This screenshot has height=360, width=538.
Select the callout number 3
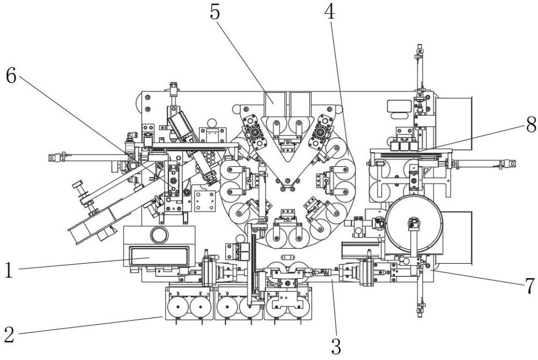[x=336, y=345]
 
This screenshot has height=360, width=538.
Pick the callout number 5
[x=215, y=13]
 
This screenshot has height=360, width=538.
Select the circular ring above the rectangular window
[x=159, y=235]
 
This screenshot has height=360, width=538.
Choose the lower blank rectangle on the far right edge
[x=456, y=237]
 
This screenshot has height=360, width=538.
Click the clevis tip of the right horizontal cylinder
[x=512, y=163]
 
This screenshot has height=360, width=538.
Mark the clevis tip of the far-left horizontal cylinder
[x=51, y=158]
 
